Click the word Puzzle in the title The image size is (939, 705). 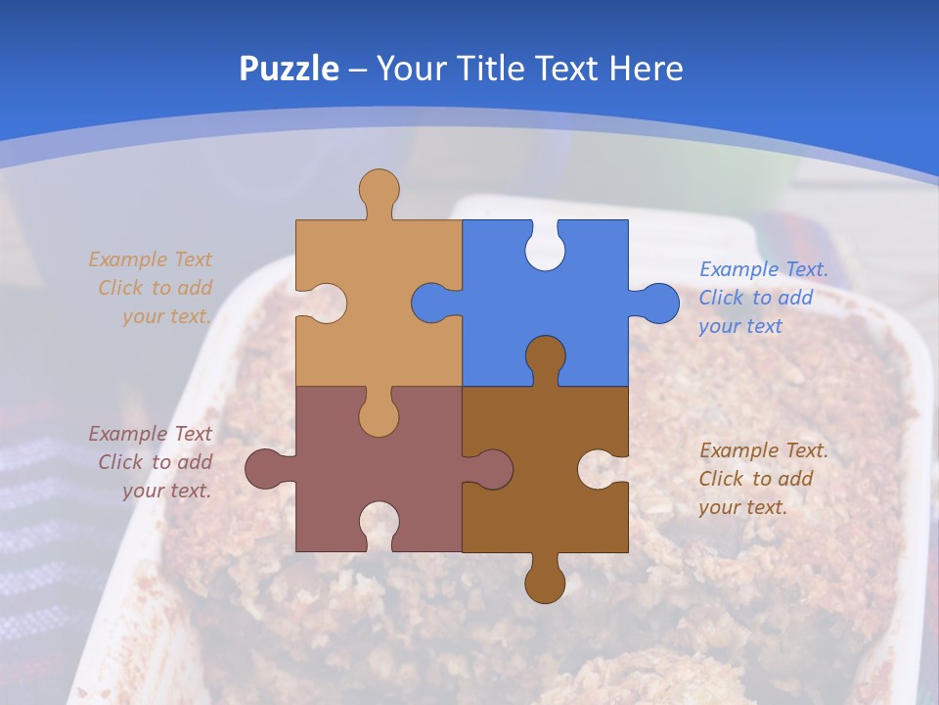290,69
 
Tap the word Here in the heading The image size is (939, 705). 645,69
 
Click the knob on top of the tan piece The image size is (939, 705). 379,188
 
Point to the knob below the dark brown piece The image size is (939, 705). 545,583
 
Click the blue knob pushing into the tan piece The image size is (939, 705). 431,304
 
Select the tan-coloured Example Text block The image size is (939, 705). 152,288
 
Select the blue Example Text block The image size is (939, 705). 763,298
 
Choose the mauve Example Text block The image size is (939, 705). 152,462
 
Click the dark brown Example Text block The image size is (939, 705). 763,479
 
